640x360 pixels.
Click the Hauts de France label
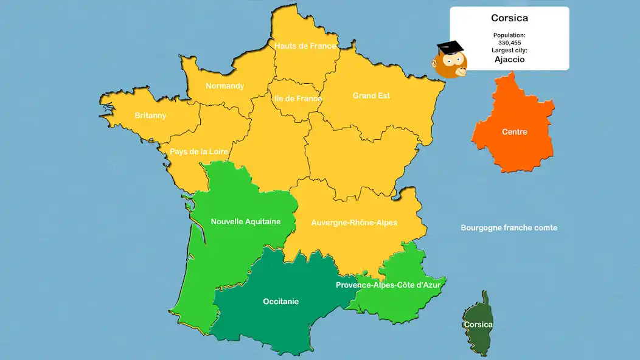click(x=305, y=46)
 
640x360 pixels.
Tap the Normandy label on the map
click(x=224, y=86)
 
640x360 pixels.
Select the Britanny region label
click(x=150, y=116)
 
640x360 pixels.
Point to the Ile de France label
click(x=298, y=99)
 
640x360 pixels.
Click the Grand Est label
click(x=371, y=95)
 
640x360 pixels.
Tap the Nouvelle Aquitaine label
click(x=246, y=221)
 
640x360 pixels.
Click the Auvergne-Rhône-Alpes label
click(x=354, y=223)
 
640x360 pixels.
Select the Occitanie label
click(x=280, y=301)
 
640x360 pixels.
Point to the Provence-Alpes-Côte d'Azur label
click(x=388, y=285)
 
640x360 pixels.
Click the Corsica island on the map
click(x=478, y=324)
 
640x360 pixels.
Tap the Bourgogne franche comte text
click(x=509, y=227)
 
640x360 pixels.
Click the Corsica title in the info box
click(x=509, y=18)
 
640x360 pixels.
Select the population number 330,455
click(x=509, y=43)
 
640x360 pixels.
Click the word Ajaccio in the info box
click(x=509, y=60)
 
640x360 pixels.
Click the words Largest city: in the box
click(x=509, y=50)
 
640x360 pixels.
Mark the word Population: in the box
click(x=509, y=35)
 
